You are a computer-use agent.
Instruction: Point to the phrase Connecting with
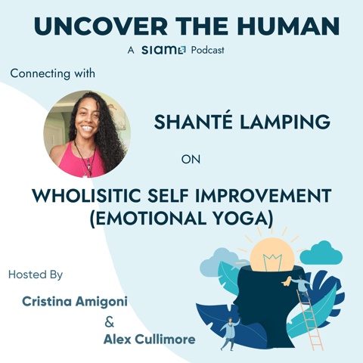48,73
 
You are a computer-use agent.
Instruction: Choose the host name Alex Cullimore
148,339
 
